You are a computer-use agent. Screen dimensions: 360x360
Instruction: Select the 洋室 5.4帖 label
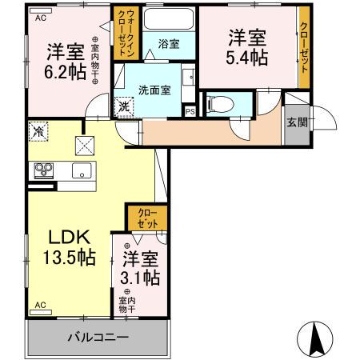[245, 48]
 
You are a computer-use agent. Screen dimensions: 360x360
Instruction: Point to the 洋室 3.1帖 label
[140, 268]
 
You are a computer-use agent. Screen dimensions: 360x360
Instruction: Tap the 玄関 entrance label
[295, 121]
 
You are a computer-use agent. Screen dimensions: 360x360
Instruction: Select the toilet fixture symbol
[220, 103]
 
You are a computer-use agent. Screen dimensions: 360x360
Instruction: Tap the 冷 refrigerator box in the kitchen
[38, 129]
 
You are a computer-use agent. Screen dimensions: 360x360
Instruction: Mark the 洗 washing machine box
[125, 106]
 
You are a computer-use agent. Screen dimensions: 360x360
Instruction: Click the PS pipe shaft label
[189, 111]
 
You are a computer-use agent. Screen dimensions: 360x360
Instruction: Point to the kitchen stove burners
[42, 170]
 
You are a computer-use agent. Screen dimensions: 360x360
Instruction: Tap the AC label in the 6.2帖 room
[40, 17]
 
